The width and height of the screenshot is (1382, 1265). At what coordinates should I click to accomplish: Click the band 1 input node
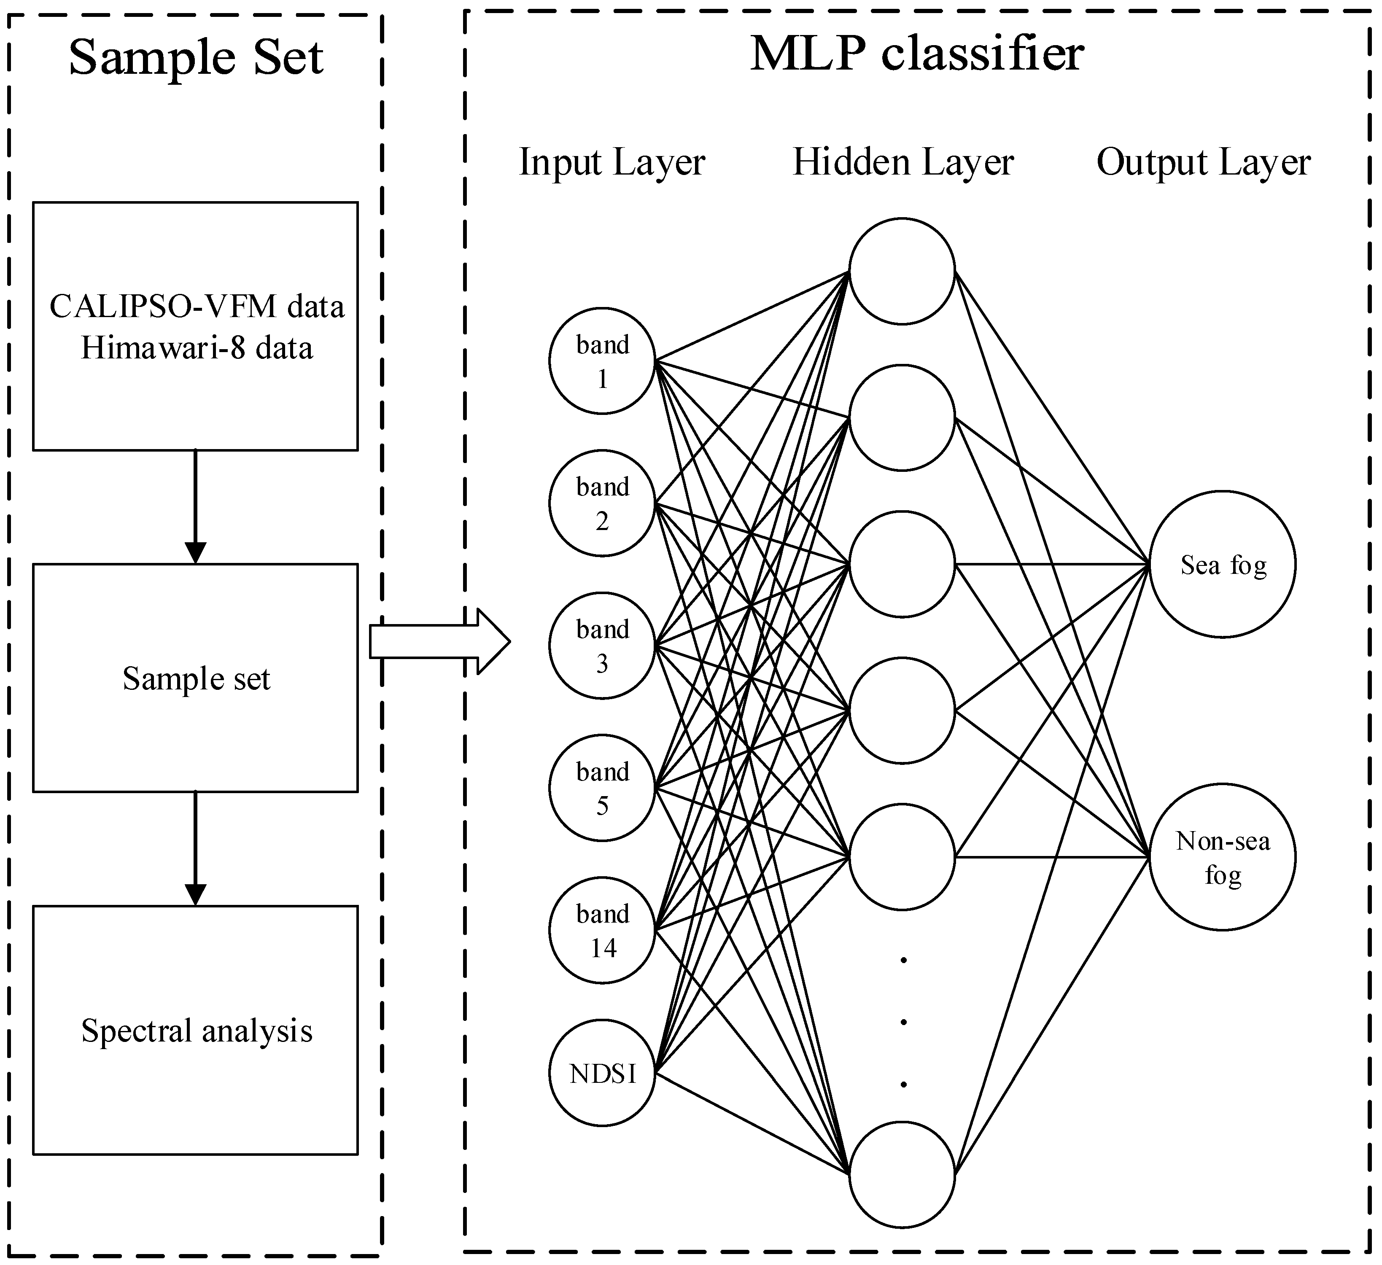click(602, 361)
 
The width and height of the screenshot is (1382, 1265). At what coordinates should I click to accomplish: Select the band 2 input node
click(602, 503)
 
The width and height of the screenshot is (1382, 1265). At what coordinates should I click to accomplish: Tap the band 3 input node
click(602, 646)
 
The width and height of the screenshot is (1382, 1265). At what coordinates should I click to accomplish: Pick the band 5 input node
click(602, 788)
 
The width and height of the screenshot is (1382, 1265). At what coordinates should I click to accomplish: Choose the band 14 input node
click(602, 930)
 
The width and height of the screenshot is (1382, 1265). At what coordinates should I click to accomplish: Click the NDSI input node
click(602, 1072)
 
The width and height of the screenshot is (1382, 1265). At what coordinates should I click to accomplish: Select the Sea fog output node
click(1223, 564)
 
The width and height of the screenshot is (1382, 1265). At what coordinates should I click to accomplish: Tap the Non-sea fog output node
click(1223, 857)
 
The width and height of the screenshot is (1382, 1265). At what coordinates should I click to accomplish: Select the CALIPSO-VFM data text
click(197, 306)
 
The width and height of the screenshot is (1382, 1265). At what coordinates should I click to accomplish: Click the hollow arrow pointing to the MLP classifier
click(440, 642)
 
